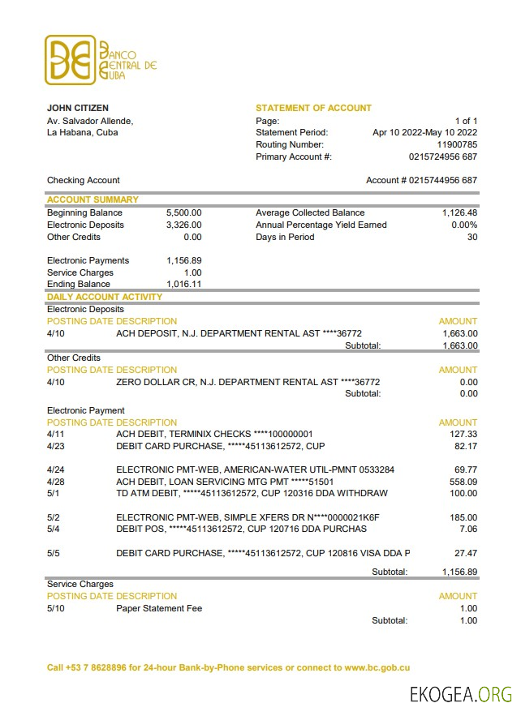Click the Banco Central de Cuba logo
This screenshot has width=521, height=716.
(101, 59)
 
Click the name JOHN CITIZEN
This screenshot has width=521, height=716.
(78, 108)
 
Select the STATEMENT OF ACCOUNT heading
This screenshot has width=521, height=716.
(313, 108)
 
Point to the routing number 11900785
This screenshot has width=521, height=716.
(457, 144)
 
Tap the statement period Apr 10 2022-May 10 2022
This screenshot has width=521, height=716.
(424, 132)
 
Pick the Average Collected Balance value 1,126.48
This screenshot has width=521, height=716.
(459, 212)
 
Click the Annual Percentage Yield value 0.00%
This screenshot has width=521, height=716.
(464, 225)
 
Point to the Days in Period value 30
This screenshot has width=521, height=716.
(472, 237)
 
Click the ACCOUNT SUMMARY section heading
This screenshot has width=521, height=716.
(93, 199)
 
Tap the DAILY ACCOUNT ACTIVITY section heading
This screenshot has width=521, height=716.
(105, 297)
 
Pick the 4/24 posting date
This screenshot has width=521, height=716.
(55, 469)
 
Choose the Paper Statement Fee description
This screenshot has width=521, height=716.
(159, 608)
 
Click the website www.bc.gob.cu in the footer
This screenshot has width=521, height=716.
(377, 667)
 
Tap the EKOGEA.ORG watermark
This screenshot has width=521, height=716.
(460, 694)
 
